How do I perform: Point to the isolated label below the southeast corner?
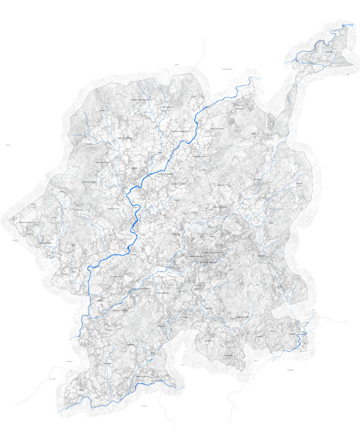click(291, 370)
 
